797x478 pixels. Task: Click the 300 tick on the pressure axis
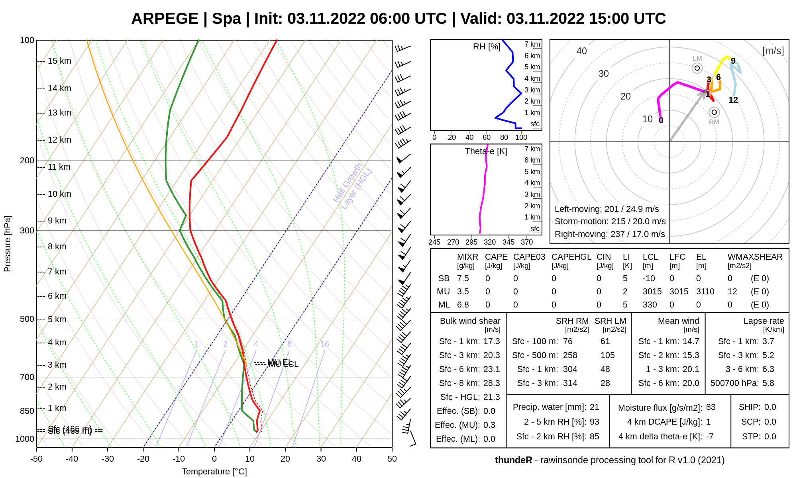27,231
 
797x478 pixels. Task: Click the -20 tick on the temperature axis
143,459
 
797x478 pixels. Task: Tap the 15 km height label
59,61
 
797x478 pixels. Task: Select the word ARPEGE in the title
165,19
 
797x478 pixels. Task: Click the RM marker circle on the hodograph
714,112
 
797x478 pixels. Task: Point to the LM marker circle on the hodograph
697,68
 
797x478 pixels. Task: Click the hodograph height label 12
733,100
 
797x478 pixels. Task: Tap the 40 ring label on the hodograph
581,51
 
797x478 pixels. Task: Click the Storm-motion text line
610,221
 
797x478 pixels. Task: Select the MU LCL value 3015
652,292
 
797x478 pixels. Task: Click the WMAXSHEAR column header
755,257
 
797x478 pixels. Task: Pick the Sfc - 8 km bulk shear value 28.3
491,383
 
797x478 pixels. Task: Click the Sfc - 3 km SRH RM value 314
570,383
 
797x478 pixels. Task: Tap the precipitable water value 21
594,407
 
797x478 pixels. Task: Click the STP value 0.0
770,437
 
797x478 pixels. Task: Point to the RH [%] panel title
486,47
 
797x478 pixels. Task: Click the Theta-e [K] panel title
486,151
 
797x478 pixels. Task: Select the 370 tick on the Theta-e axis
526,242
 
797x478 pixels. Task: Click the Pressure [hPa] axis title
8,244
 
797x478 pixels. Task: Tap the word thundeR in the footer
513,460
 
